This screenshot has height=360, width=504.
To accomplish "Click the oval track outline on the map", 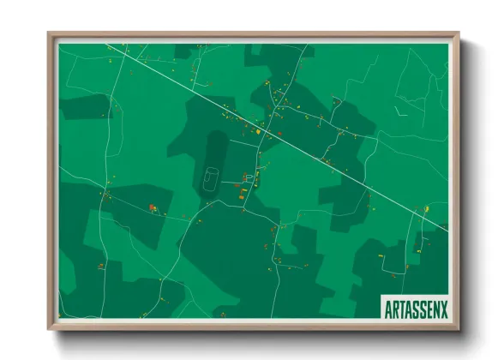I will point(208,178).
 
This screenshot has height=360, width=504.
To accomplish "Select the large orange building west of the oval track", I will point(153,207).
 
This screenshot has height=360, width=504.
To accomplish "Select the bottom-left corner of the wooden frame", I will point(50,328).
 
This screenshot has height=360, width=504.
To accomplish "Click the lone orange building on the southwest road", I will point(100,267).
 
